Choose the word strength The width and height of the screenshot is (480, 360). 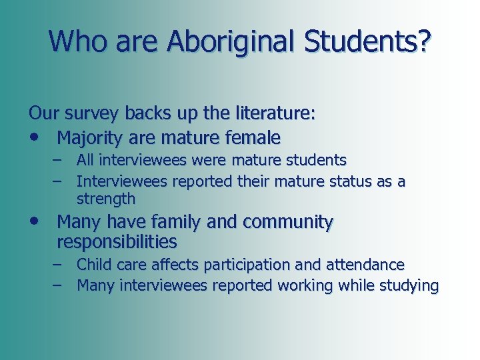pos(106,199)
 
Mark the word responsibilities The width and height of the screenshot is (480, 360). pos(117,241)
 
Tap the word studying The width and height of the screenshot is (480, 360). pos(407,286)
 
